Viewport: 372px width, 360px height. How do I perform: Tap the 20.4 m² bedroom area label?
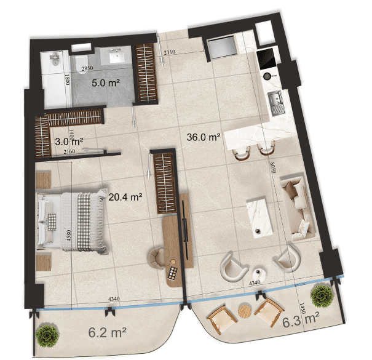[x=125, y=198]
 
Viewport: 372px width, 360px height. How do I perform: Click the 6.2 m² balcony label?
[x=107, y=333]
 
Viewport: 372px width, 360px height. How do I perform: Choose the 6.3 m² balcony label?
[x=301, y=319]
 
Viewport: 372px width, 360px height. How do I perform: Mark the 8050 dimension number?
[x=271, y=166]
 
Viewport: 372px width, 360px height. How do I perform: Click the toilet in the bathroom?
[x=53, y=59]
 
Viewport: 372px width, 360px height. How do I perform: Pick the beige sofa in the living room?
[x=296, y=207]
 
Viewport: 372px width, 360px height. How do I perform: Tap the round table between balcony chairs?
[x=245, y=311]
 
